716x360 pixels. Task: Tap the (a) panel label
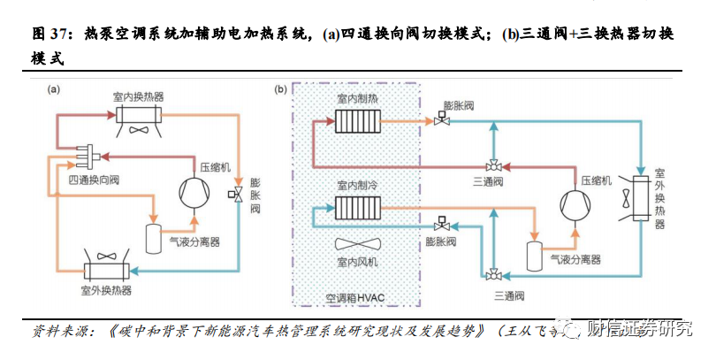pyautogui.click(x=54, y=89)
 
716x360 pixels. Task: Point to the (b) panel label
pyautogui.click(x=281, y=89)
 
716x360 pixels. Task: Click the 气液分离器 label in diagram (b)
pyautogui.click(x=575, y=259)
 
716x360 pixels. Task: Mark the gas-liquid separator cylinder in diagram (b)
pyautogui.click(x=533, y=256)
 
